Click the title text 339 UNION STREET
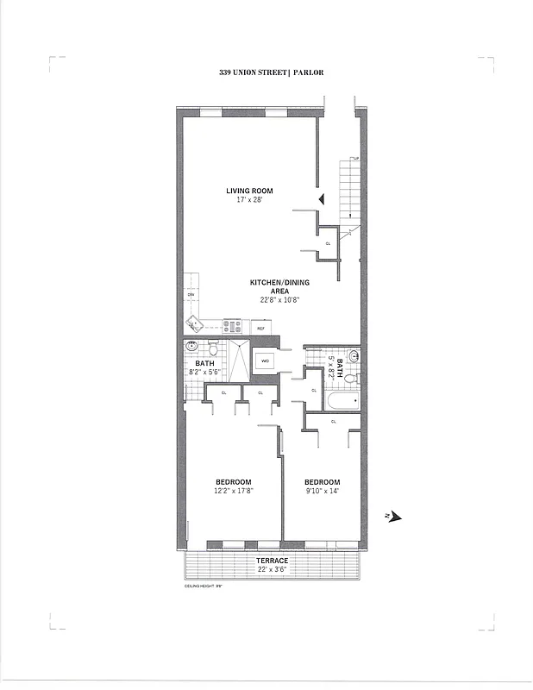point(253,74)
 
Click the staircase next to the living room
point(350,191)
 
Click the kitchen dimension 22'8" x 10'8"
point(273,300)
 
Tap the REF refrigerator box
point(261,328)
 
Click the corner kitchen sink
point(194,324)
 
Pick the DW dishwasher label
point(191,295)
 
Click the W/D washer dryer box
point(265,361)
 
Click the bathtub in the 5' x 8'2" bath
point(342,401)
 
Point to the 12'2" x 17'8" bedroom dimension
point(234,491)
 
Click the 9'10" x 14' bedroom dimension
point(322,491)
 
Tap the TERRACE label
point(272,561)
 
